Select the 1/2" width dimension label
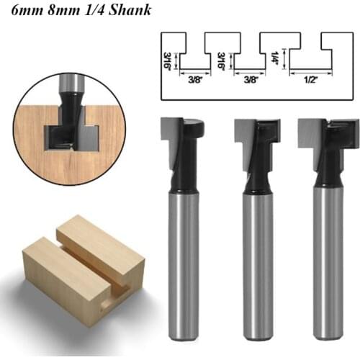pyautogui.click(x=310, y=81)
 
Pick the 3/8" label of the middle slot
pyautogui.click(x=251, y=81)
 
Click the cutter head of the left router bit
pyautogui.click(x=181, y=132)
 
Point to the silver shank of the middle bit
pyautogui.click(x=257, y=266)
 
